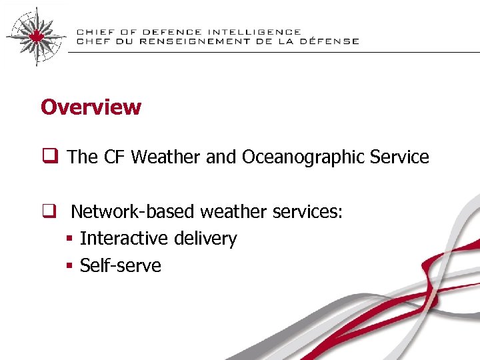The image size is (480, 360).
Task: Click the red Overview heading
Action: point(91,107)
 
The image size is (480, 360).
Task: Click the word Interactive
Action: point(124,239)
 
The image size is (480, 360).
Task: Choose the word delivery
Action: point(205,239)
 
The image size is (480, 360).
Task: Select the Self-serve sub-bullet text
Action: point(121,265)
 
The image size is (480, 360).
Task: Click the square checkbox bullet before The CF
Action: point(50,157)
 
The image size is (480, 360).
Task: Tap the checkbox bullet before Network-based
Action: point(50,212)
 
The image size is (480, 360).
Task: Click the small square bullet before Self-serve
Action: point(69,266)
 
